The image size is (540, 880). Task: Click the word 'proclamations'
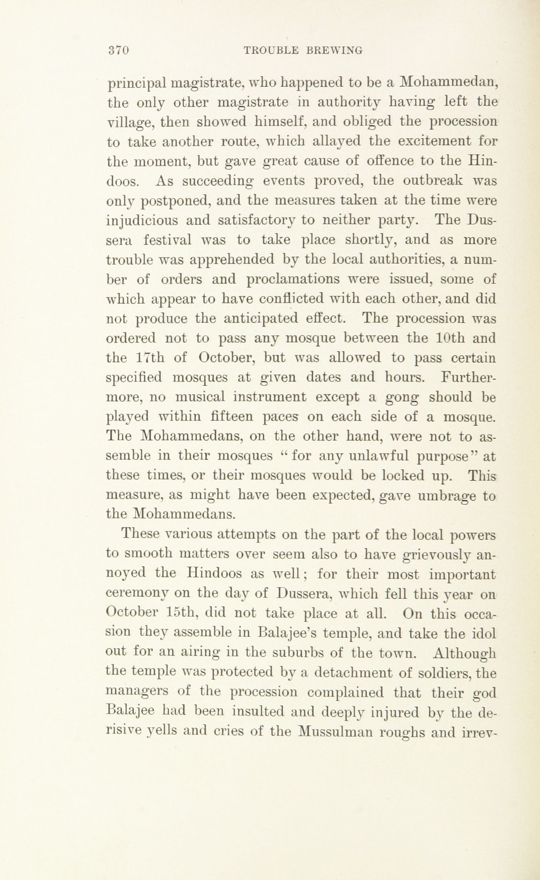293,279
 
